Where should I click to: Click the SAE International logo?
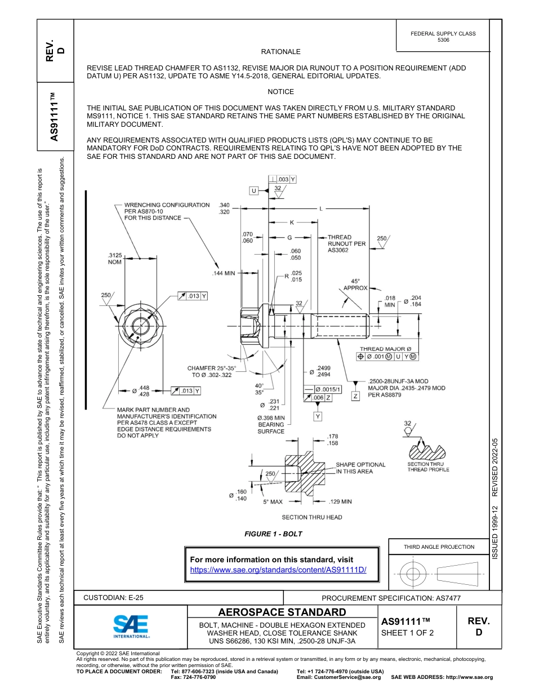[x=131, y=625]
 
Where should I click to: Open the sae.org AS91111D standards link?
[x=278, y=570]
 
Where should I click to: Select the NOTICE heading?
[x=280, y=92]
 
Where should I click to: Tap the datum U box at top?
[x=254, y=191]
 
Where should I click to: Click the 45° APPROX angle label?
[x=355, y=284]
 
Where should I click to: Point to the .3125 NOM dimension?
[x=114, y=259]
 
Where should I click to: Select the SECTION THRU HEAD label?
[x=311, y=517]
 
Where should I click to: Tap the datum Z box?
[x=355, y=397]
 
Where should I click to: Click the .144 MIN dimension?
[x=224, y=273]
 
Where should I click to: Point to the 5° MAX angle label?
[x=273, y=501]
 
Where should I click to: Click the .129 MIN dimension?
[x=340, y=501]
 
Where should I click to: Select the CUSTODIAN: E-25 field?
[x=117, y=597]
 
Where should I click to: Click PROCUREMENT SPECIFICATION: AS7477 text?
[x=391, y=598]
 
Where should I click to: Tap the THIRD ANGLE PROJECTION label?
[x=439, y=547]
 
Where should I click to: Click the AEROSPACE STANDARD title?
[x=282, y=612]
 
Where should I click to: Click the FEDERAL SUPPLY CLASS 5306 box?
[x=443, y=37]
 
